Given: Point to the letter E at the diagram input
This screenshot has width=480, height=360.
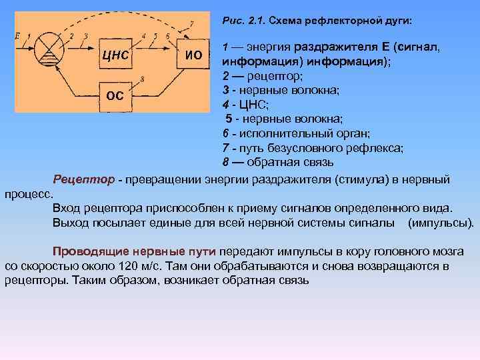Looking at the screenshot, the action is (17, 35).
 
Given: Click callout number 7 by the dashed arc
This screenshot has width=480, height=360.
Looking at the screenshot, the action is (192, 24).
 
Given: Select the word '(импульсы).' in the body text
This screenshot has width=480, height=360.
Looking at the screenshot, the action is (440, 221).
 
